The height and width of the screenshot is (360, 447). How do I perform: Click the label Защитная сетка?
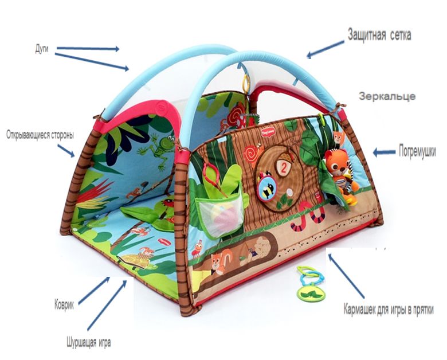pos(379,35)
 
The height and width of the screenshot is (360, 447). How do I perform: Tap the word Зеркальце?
pos(387,96)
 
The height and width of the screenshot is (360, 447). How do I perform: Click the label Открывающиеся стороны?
pos(38,136)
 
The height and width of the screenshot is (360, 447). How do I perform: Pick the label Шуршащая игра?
pos(88,343)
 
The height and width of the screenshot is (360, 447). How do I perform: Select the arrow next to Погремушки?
pos(384,152)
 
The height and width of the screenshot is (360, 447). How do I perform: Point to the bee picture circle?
pos(267,186)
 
